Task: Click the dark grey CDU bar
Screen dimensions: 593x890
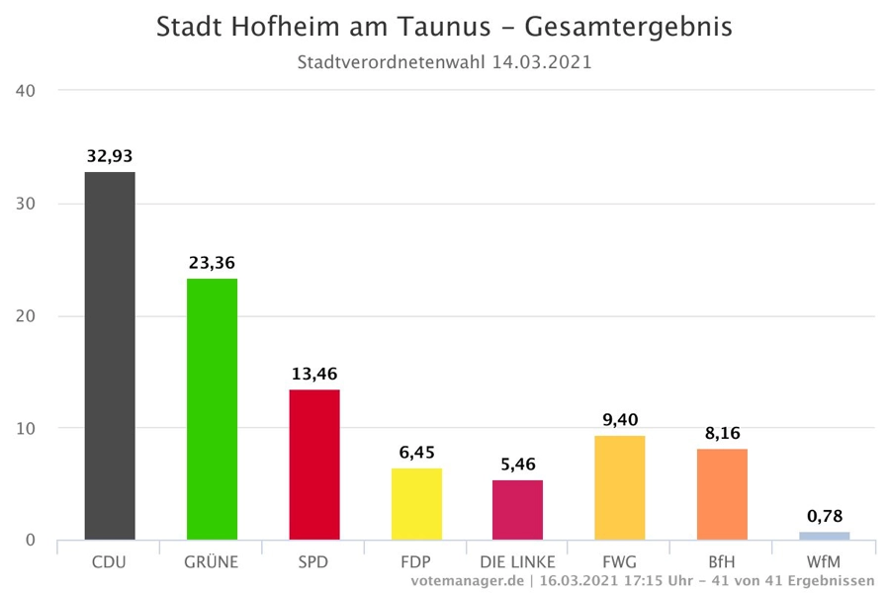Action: [x=110, y=356]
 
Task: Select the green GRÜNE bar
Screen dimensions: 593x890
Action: [x=212, y=409]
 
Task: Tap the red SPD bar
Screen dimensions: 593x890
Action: [x=314, y=465]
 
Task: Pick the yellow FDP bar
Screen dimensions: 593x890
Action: [x=416, y=504]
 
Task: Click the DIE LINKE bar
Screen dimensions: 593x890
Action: [x=517, y=510]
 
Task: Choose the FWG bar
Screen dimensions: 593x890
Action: [x=620, y=487]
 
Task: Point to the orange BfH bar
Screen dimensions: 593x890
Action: [x=722, y=494]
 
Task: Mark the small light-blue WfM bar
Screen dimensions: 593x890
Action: [x=824, y=536]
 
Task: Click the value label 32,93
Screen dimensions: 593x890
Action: [x=110, y=155]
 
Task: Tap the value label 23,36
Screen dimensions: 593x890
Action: [x=212, y=262]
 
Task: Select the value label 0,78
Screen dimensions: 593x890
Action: [x=824, y=516]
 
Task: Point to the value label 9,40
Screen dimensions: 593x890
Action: [x=620, y=419]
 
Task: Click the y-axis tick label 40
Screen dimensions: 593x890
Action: [x=27, y=91]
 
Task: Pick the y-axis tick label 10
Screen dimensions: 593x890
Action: [x=27, y=428]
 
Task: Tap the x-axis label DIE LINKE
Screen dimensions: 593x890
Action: [x=517, y=562]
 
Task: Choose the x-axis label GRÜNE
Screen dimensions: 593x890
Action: [x=212, y=562]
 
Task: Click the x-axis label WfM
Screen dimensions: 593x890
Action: [x=824, y=562]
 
